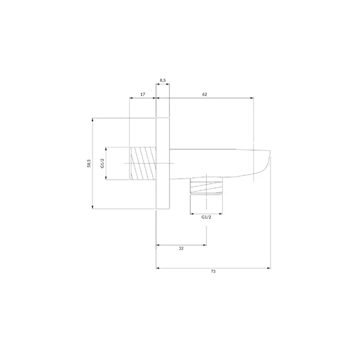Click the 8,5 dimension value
[x=162, y=80]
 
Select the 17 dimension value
[x=143, y=94]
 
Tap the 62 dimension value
[x=205, y=94]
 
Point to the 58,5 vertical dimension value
[x=89, y=163]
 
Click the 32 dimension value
[x=181, y=248]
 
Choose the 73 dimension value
[x=213, y=271]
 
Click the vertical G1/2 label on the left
[x=103, y=163]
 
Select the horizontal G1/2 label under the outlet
[x=206, y=217]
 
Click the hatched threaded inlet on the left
[x=143, y=163]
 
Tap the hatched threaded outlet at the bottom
[x=206, y=186]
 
